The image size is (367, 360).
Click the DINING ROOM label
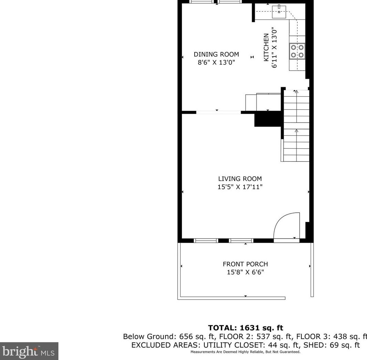click(x=216, y=54)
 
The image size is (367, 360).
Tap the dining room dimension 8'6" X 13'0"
click(x=216, y=63)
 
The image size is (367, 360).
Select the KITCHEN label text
click(x=266, y=47)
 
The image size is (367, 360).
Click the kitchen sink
click(x=279, y=13)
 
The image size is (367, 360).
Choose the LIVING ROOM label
click(x=240, y=179)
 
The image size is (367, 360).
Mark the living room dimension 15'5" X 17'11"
click(x=240, y=187)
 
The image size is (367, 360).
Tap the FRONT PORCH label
click(x=245, y=264)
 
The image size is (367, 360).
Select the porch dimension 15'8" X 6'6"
click(x=245, y=272)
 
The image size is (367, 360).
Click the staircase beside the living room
click(x=296, y=126)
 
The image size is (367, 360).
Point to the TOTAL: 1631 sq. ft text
click(x=245, y=328)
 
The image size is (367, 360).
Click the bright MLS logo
click(x=29, y=351)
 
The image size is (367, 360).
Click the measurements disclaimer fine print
click(x=245, y=352)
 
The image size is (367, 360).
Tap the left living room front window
click(x=206, y=241)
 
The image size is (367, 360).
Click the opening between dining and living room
click(x=218, y=112)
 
